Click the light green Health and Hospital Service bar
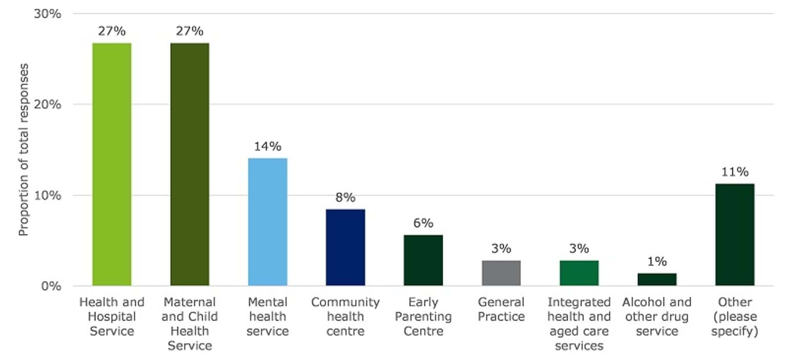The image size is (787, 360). (112, 164)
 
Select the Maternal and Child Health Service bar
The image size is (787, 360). (190, 164)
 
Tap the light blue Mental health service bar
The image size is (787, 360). (267, 221)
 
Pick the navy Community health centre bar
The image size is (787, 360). (345, 247)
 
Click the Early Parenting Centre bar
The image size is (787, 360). (423, 260)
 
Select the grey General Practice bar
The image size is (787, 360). (501, 272)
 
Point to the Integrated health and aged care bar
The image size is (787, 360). (579, 272)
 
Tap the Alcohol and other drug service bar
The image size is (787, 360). (657, 279)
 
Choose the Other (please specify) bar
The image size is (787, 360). (735, 234)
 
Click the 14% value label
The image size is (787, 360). (267, 146)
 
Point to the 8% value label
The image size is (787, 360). (345, 198)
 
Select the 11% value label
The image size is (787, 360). (735, 172)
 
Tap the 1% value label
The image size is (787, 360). (657, 262)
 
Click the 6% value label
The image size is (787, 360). (423, 223)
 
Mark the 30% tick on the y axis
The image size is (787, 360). (48, 14)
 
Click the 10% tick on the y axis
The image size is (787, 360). (48, 195)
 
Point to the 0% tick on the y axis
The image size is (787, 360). (51, 286)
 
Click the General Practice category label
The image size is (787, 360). (501, 309)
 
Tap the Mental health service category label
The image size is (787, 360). (267, 316)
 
